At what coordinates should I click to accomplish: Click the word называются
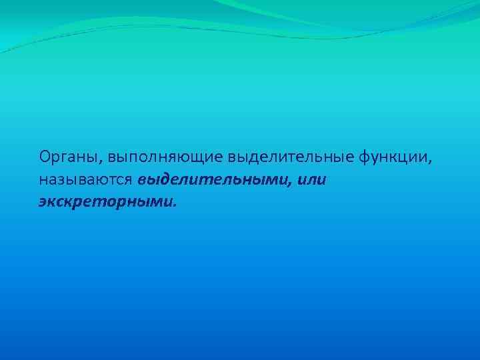point(86,180)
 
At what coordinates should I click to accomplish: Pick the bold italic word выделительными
point(213,180)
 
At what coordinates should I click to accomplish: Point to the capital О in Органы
point(44,157)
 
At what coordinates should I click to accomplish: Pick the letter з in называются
point(58,181)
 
